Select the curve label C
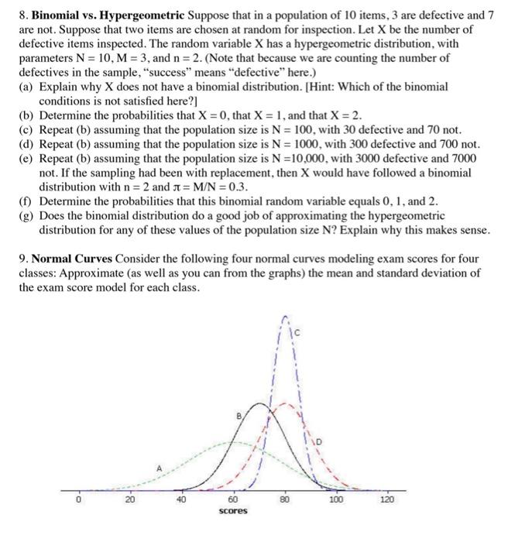tap(295, 334)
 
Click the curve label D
tap(317, 441)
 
